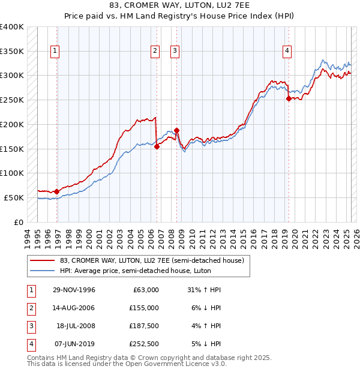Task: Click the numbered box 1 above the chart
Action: (55, 52)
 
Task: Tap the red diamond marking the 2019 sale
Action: (289, 98)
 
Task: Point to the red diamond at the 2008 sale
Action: (177, 130)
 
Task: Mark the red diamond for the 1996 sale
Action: (57, 191)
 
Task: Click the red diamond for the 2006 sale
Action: (157, 146)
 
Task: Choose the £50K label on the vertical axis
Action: (14, 197)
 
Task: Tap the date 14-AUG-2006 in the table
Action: (74, 308)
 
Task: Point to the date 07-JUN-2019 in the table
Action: (74, 344)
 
